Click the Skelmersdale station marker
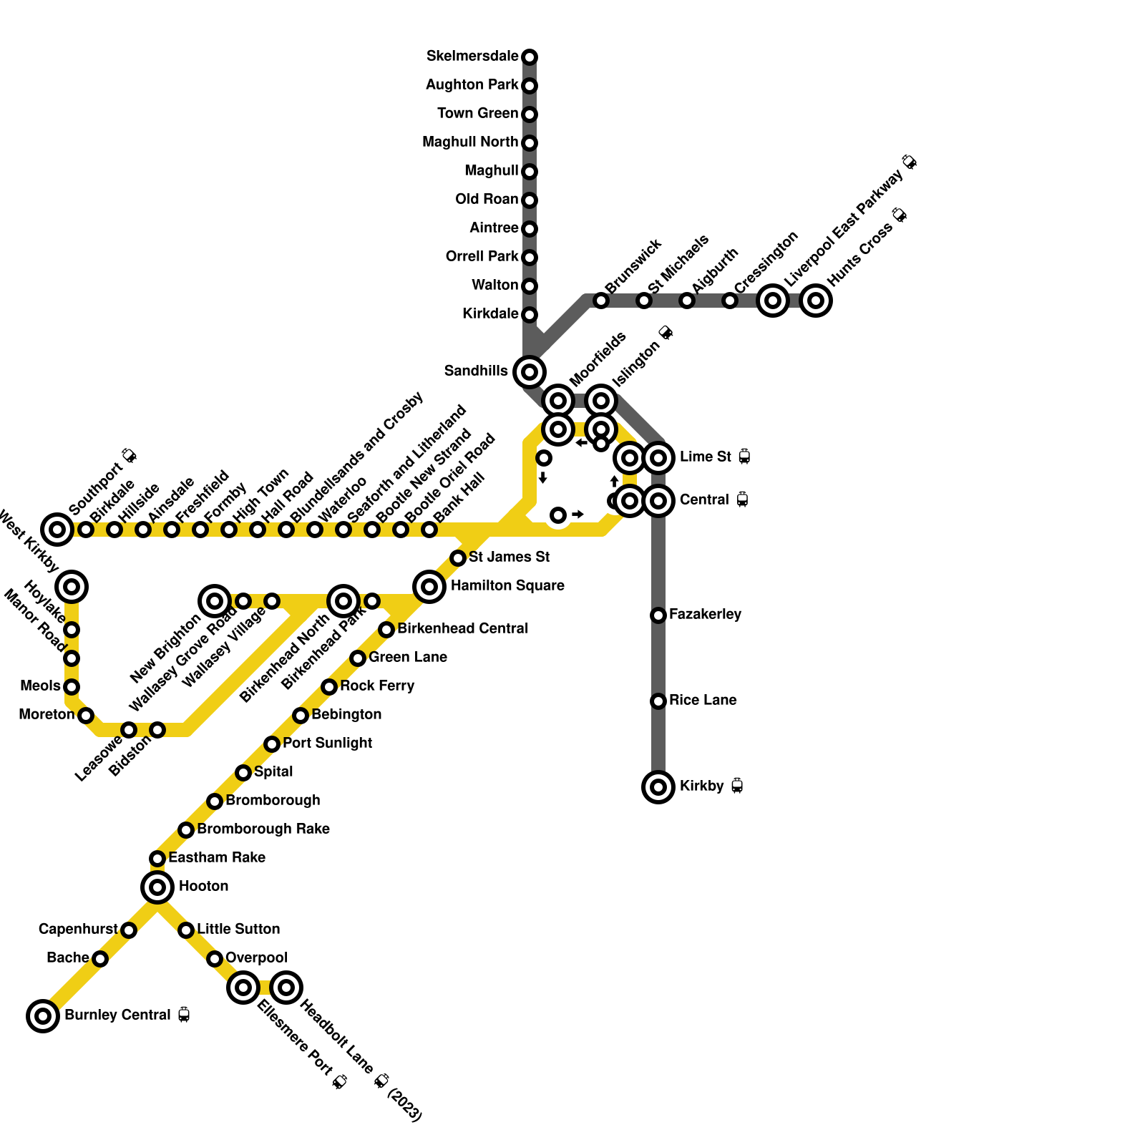click(x=530, y=57)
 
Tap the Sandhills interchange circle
click(x=530, y=371)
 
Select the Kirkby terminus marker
click(x=658, y=787)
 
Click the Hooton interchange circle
click(x=157, y=887)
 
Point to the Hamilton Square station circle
click(x=429, y=587)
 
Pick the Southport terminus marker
click(x=57, y=530)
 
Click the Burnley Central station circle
click(x=43, y=1015)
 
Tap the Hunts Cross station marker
click(x=816, y=301)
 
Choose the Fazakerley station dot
click(x=658, y=615)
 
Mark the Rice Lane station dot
click(x=658, y=701)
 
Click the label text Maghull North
click(x=470, y=142)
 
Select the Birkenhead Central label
click(x=462, y=629)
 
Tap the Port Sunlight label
click(x=327, y=744)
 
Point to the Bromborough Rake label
click(x=263, y=829)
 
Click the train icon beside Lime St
click(x=744, y=457)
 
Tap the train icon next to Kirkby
click(x=737, y=786)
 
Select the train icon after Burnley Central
click(x=184, y=1015)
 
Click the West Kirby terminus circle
click(x=72, y=587)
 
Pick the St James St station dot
click(x=458, y=557)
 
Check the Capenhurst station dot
click(x=129, y=930)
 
